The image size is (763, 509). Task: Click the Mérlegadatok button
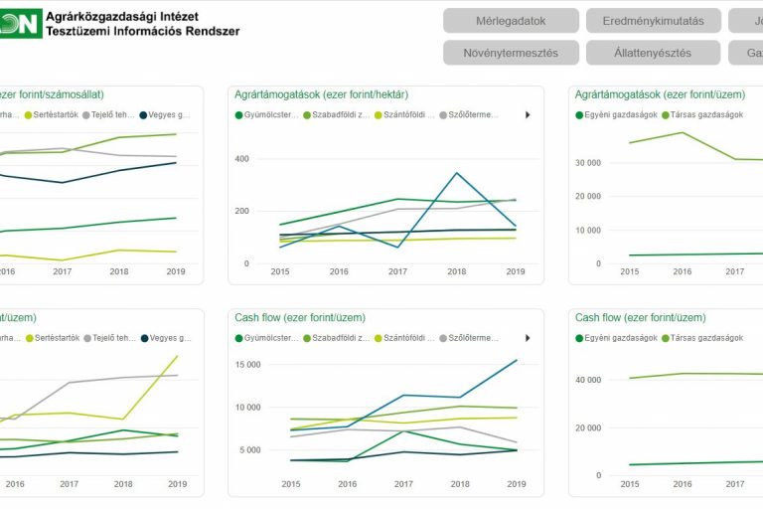point(511,21)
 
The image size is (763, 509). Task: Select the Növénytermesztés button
point(511,53)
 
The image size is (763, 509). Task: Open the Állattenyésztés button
point(653,53)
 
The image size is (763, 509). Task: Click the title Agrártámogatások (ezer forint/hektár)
point(322,94)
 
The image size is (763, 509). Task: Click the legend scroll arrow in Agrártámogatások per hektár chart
point(528,115)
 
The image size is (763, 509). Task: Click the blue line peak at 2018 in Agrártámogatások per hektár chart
point(457,173)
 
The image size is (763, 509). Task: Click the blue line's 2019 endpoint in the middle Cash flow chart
point(517,360)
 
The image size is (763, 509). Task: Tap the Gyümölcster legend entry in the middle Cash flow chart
point(267,338)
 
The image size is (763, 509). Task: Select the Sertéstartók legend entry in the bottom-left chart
point(52,338)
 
